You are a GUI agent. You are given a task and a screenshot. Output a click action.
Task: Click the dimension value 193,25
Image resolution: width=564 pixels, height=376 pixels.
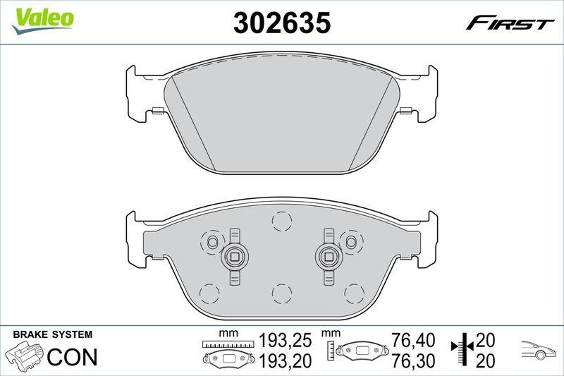pos(286,341)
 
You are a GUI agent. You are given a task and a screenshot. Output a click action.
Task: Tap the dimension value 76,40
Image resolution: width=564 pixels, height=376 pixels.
pos(409,341)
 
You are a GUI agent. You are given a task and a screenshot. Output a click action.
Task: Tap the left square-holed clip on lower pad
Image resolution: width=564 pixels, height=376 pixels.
pos(234,257)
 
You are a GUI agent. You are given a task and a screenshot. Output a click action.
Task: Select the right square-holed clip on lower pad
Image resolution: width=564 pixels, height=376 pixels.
pos(328,257)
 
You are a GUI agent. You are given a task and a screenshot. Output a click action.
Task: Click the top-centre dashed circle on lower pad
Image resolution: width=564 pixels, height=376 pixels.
pos(281,222)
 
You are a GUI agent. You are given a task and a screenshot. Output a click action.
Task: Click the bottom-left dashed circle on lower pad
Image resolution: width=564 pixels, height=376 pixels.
pos(210,291)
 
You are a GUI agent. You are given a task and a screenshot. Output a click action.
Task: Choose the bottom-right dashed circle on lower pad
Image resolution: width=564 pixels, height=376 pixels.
pos(353,291)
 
